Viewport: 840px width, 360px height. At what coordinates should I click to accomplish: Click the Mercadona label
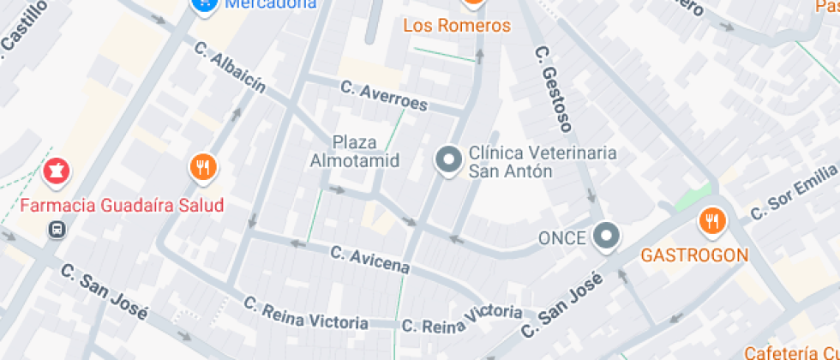point(271,4)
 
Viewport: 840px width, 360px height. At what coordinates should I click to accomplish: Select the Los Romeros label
point(457,26)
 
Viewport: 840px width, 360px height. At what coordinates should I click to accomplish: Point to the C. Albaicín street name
point(230,67)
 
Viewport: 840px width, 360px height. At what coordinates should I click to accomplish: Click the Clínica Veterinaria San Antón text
point(542,161)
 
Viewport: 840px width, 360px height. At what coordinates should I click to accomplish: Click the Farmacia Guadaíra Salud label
point(122,206)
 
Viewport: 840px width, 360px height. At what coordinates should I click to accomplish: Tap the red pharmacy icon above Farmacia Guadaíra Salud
point(57,172)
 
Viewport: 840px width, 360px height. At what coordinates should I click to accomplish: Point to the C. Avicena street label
point(369,260)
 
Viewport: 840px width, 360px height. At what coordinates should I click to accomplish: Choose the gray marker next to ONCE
point(607,236)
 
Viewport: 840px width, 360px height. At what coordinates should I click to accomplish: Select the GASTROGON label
point(694,255)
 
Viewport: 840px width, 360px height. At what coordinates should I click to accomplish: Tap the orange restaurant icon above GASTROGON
point(711,222)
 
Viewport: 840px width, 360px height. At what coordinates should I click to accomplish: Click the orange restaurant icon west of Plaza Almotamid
point(202,167)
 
